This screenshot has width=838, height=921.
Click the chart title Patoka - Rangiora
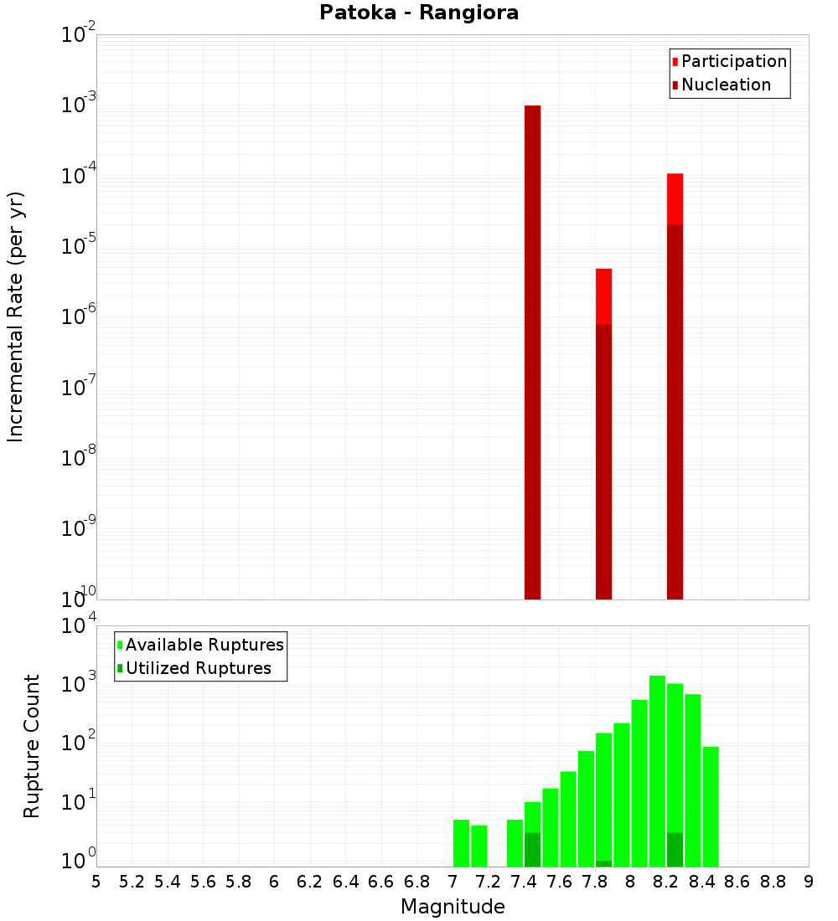tap(419, 13)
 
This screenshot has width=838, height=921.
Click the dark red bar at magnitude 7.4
tap(532, 352)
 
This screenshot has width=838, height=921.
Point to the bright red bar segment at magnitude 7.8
tap(603, 296)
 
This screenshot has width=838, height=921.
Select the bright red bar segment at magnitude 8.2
tap(675, 198)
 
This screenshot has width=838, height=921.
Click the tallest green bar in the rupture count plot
tap(657, 770)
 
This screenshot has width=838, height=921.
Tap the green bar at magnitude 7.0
tap(461, 843)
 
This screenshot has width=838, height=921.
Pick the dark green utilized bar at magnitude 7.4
tap(532, 850)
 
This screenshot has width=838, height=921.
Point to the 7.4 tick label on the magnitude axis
tap(524, 882)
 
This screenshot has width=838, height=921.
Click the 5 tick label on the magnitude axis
tap(96, 882)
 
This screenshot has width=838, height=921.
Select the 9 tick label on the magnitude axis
tap(809, 882)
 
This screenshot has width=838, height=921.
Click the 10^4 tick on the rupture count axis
tap(79, 626)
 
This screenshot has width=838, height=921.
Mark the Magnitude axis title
tap(453, 907)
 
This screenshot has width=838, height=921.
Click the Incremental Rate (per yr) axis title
tap(16, 316)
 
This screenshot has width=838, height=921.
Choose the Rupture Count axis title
tap(32, 746)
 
